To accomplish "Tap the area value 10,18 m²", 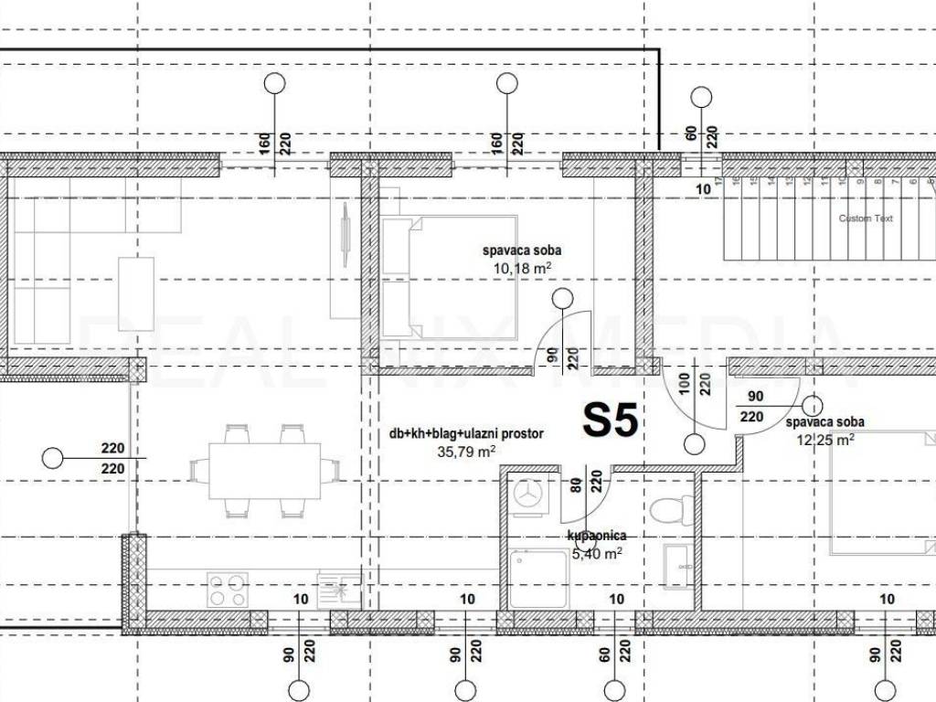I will [x=522, y=268].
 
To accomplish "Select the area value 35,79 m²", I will [x=467, y=451].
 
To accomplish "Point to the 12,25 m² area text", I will [x=826, y=439].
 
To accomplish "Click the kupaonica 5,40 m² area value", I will [x=597, y=553].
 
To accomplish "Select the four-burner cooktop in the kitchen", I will [x=228, y=589].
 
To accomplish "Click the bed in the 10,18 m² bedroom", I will [x=449, y=277].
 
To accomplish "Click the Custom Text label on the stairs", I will [x=866, y=218].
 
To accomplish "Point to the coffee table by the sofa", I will [x=136, y=293].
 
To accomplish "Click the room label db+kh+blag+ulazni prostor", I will [x=465, y=434].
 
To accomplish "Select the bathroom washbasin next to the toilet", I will [x=677, y=567].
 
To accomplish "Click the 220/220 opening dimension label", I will [x=112, y=458].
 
